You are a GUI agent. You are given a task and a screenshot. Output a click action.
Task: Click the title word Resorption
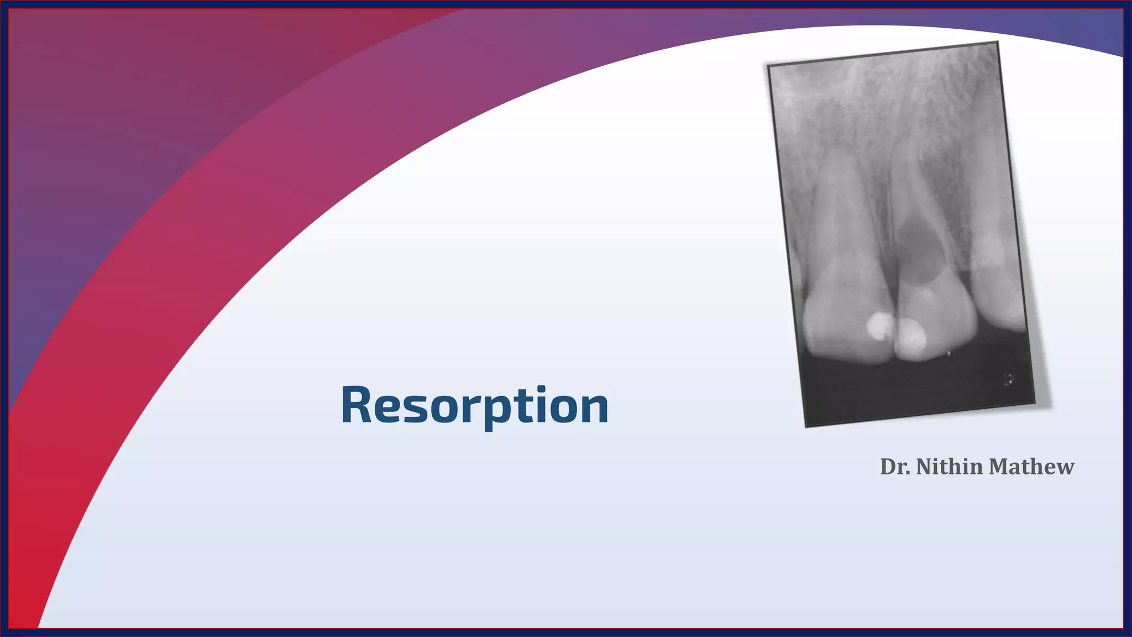click(x=474, y=405)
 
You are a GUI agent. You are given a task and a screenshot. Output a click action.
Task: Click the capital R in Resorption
click(x=358, y=405)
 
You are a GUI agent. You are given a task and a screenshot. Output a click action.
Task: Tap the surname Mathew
click(x=1031, y=467)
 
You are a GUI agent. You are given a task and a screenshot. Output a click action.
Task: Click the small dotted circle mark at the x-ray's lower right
click(x=1008, y=379)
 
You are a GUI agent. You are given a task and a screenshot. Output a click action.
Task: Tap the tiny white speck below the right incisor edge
click(x=948, y=353)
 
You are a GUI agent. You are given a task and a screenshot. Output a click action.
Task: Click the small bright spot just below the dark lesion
click(x=924, y=293)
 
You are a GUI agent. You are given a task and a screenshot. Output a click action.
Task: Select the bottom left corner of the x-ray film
click(x=806, y=425)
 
